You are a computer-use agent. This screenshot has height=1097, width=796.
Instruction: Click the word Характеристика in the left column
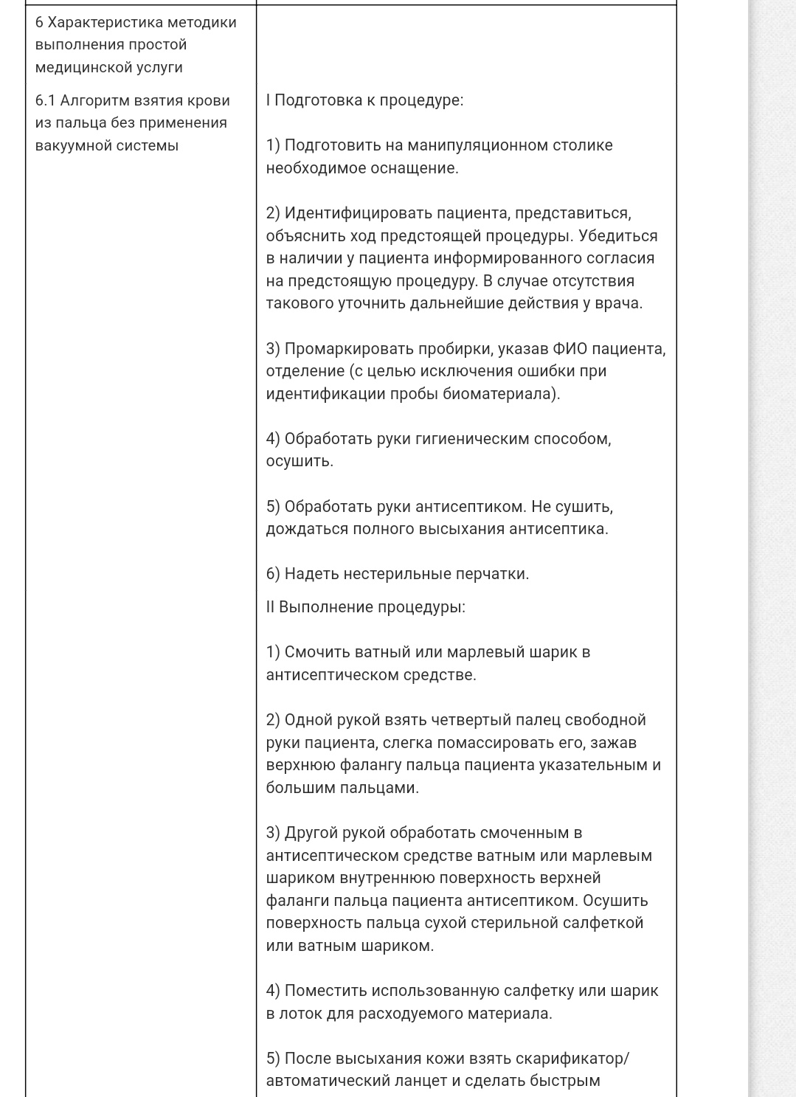coord(103,22)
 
